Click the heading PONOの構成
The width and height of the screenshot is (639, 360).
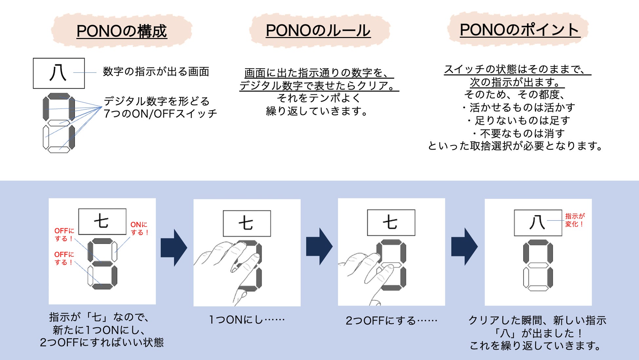point(122,31)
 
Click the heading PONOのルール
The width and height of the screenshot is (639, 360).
point(318,30)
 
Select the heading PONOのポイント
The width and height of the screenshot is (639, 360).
point(519,30)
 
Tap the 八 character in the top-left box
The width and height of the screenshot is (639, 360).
point(58,73)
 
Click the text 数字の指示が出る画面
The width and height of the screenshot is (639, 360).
point(156,71)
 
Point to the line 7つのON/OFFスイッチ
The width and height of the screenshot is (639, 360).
point(160,113)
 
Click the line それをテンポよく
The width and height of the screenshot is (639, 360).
point(319,98)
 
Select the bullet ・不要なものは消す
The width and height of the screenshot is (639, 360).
point(518,133)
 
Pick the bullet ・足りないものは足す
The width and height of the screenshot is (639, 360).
point(518,120)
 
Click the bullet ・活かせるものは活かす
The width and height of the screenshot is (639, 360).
point(518,107)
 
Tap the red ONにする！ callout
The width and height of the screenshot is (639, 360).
point(140,228)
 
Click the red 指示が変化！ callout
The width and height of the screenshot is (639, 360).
point(575,220)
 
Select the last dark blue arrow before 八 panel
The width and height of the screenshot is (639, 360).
point(464,247)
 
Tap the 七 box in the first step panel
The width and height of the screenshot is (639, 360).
point(102,221)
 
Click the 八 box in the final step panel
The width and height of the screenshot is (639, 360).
point(538,223)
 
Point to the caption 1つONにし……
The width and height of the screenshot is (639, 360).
point(247,319)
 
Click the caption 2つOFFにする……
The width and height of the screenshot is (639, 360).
point(391,320)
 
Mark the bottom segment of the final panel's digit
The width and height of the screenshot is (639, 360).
point(538,288)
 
